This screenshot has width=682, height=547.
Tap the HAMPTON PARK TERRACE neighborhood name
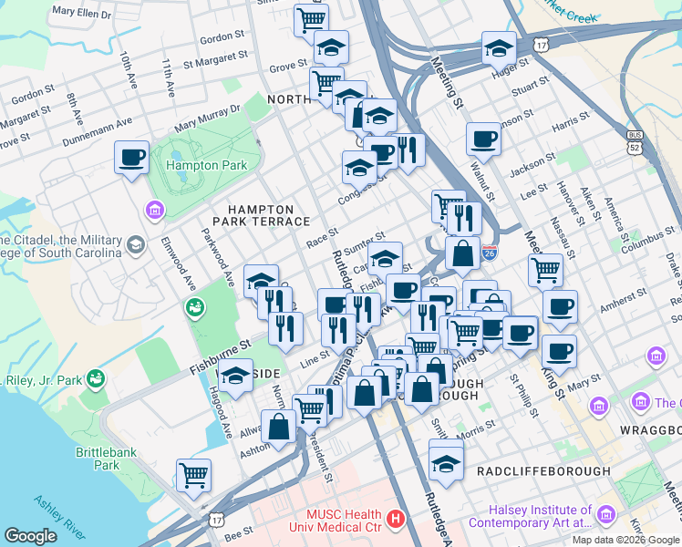click(262, 215)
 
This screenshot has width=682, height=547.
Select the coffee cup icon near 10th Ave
click(131, 157)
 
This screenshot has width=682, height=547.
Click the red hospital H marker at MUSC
click(396, 520)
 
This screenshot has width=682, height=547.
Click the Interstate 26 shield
click(490, 249)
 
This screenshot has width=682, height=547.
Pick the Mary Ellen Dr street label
click(81, 14)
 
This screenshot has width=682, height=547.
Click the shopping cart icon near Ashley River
click(193, 474)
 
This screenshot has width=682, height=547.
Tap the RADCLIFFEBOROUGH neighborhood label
click(544, 470)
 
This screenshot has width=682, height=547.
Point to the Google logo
click(31, 536)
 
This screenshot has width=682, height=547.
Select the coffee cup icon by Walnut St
click(483, 139)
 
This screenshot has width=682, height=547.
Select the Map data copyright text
click(625, 540)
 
